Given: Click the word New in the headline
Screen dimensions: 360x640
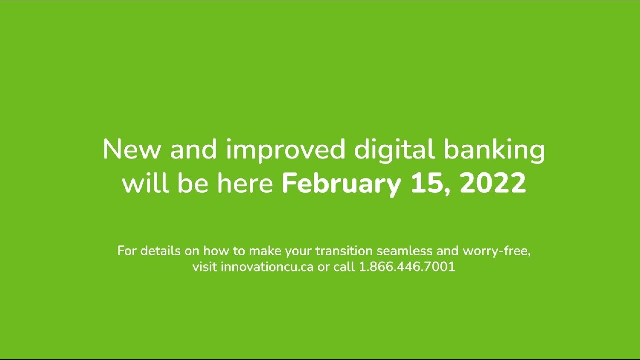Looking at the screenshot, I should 132,150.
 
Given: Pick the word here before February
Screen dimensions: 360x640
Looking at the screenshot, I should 245,183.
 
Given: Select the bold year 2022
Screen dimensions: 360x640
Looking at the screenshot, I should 493,183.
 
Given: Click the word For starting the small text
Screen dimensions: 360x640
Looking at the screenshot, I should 127,251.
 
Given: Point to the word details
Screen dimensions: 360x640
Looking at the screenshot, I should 160,251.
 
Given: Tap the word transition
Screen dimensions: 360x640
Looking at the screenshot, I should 344,251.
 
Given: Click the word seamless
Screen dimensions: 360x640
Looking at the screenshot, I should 404,251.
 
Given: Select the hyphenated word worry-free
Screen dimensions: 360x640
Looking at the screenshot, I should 496,251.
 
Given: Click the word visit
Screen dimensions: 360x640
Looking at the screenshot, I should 205,267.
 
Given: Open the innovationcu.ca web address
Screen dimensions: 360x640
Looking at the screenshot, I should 267,267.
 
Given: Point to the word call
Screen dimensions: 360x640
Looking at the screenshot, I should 344,267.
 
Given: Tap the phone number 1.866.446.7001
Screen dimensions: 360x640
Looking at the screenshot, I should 407,267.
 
